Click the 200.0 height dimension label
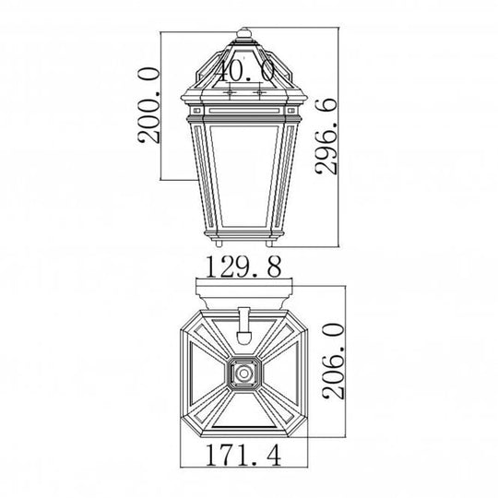coord(148,105)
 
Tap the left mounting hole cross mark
coord(228,92)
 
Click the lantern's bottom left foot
coord(221,243)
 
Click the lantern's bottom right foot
coord(269,243)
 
